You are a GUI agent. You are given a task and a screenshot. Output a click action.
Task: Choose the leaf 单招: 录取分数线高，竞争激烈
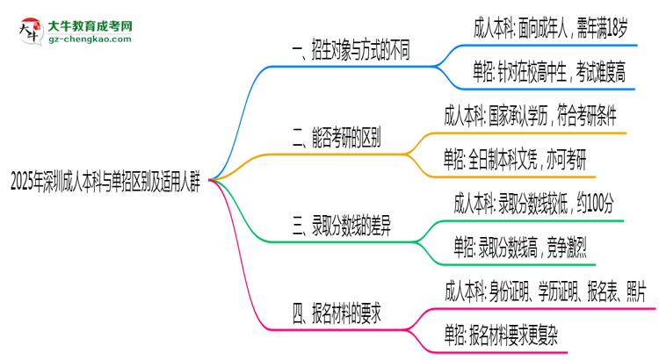coord(519,248)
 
